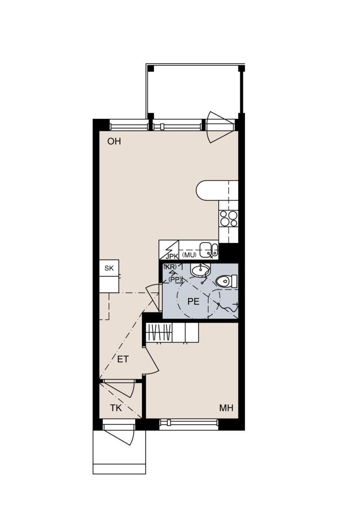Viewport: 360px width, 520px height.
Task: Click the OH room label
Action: pos(114,141)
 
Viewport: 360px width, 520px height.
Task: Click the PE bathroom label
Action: pos(193,301)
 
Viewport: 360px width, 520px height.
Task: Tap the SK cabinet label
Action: pos(109,268)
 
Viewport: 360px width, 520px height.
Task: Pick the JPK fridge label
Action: pos(172,257)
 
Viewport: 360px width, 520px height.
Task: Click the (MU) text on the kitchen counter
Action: pos(189,255)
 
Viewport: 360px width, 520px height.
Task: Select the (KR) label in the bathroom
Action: pos(170,266)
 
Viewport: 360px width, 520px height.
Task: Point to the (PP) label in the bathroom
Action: pos(174,280)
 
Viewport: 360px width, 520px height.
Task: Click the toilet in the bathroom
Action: pos(226,281)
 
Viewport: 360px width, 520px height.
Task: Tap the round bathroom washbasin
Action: pos(200,270)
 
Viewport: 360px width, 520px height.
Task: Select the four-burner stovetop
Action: pos(229,218)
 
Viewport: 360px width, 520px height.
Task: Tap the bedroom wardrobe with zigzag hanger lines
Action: pos(160,333)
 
